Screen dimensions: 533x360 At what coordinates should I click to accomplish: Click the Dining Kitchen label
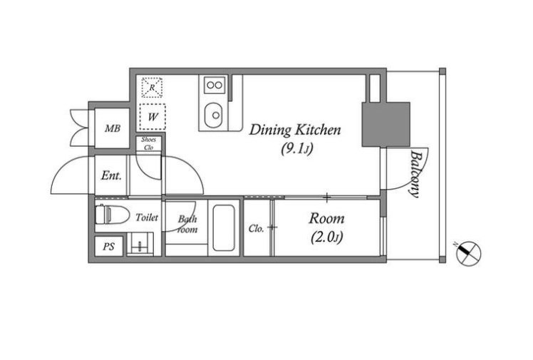[x=295, y=130]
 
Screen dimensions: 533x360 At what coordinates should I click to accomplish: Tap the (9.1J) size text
[x=296, y=148]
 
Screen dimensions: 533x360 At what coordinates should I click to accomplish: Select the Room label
[x=326, y=218]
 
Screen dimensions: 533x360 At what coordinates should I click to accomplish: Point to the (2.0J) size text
[x=326, y=237]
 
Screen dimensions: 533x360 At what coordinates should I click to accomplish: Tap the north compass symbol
[x=468, y=253]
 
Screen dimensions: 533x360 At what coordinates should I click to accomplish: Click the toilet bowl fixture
[x=112, y=214]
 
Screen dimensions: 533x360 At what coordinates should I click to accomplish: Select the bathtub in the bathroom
[x=223, y=227]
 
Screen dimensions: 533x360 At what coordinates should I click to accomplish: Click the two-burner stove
[x=214, y=85]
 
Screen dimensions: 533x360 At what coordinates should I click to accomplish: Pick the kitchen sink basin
[x=214, y=115]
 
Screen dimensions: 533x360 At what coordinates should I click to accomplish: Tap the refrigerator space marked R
[x=152, y=88]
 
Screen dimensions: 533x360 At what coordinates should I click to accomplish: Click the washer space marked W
[x=152, y=117]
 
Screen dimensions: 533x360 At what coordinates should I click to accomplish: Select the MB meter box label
[x=113, y=128]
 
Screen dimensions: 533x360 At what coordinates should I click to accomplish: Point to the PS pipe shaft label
[x=109, y=247]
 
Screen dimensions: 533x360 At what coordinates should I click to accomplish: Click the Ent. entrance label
[x=111, y=175]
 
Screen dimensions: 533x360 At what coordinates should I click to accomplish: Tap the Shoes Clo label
[x=148, y=143]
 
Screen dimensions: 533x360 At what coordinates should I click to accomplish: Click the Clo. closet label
[x=256, y=228]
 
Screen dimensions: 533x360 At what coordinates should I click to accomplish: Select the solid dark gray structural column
[x=385, y=125]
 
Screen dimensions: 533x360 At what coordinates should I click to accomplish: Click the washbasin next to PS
[x=140, y=244]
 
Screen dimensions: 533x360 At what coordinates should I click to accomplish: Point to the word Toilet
[x=147, y=217]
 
